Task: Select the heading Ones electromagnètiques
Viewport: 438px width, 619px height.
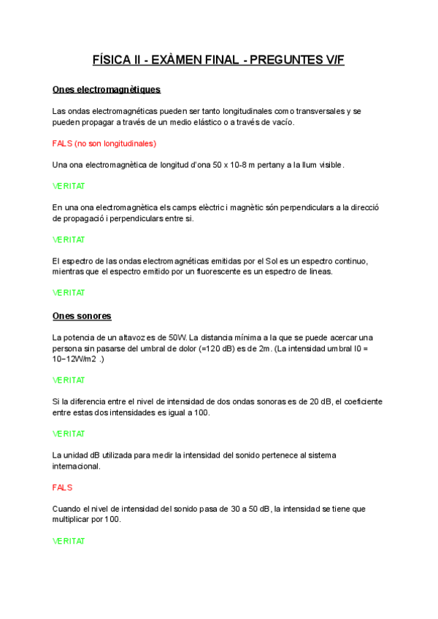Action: click(107, 90)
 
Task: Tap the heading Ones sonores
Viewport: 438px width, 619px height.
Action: click(82, 316)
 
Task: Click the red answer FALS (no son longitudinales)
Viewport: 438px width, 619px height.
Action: click(104, 143)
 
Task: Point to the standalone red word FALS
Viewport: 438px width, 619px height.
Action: click(63, 487)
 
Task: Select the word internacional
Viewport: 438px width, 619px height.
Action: click(77, 466)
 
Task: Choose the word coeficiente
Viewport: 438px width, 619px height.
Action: click(361, 401)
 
